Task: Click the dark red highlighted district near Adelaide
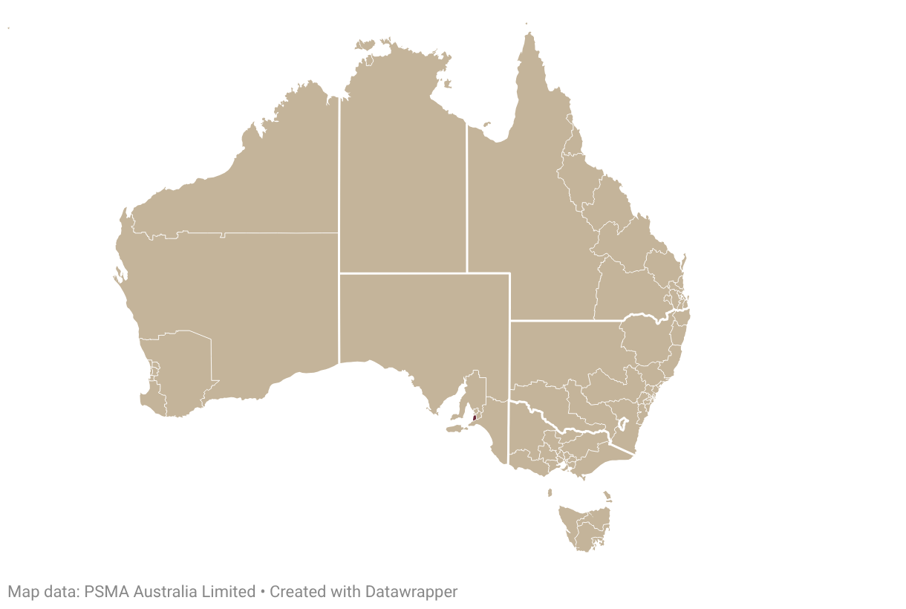474,418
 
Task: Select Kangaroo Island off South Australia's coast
454,429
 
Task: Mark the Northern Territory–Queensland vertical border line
466,201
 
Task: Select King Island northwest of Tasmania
550,492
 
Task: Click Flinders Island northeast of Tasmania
607,495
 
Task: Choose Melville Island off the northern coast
365,45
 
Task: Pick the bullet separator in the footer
262,592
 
